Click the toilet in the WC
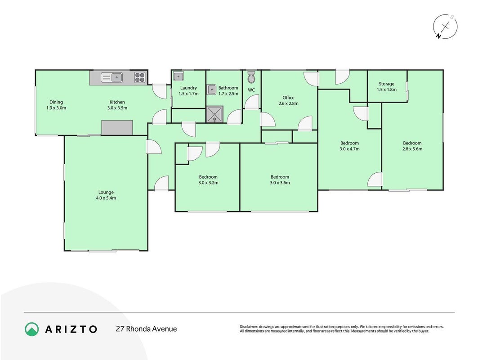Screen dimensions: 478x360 (x=251, y=77)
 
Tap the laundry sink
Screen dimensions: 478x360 (x=179, y=76)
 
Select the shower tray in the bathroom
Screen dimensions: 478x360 (x=214, y=114)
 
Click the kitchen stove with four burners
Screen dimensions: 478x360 (x=140, y=77)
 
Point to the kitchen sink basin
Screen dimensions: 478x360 (x=117, y=77)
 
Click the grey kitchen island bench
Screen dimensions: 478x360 (x=117, y=127)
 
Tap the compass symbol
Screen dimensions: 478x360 (x=445, y=27)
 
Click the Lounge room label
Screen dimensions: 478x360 (x=106, y=192)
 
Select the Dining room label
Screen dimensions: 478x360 (x=56, y=102)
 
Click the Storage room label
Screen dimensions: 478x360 (x=387, y=84)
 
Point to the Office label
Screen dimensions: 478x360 (x=288, y=98)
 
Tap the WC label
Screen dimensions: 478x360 (x=251, y=90)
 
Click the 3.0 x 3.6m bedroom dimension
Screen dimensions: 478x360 (x=280, y=183)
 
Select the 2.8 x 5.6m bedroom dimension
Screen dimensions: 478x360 (x=412, y=149)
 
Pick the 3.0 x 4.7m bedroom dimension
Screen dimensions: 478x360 (x=350, y=149)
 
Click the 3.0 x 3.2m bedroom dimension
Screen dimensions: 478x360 (x=208, y=183)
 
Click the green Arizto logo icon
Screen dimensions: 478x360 (x=32, y=329)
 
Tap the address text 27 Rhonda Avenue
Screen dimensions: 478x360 (x=146, y=329)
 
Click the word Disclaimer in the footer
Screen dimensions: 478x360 (x=249, y=327)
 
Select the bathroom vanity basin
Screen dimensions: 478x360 (x=211, y=90)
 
